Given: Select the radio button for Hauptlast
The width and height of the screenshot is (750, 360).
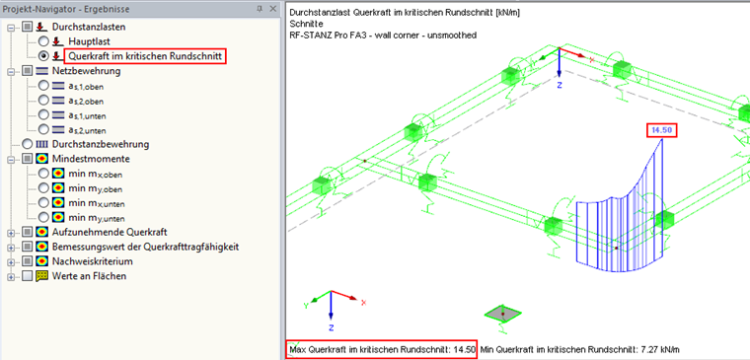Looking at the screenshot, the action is [x=43, y=41].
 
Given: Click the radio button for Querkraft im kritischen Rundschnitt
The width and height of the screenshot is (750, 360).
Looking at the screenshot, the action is [x=43, y=56].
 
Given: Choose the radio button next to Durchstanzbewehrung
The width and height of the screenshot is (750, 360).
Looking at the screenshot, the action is [x=28, y=144].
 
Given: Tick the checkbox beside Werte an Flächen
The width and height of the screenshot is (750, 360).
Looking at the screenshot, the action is [x=28, y=276].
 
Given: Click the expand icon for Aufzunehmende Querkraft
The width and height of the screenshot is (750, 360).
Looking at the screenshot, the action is [x=11, y=233].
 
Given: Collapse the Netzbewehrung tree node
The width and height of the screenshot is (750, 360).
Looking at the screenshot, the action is [x=11, y=71].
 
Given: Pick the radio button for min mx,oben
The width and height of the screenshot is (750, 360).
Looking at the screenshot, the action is [x=43, y=173].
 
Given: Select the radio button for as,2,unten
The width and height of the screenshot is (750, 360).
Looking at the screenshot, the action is [x=43, y=129].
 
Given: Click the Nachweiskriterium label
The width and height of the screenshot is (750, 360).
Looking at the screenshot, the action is [x=93, y=261].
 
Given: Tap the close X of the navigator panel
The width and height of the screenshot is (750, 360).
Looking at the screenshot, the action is [x=272, y=9].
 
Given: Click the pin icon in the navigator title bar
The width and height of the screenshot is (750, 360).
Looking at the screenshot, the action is [x=260, y=9].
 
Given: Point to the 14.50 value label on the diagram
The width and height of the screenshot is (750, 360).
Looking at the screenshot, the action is [x=662, y=130].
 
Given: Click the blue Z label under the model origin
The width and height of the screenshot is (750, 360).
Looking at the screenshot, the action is [x=560, y=85].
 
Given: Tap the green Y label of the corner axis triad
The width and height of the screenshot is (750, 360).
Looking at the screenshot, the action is [x=305, y=306].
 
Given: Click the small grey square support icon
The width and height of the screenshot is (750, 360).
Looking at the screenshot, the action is [x=502, y=314].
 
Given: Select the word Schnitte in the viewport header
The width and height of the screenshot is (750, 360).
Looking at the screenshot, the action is [x=303, y=24].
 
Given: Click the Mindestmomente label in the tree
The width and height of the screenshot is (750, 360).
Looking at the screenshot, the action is [x=91, y=158].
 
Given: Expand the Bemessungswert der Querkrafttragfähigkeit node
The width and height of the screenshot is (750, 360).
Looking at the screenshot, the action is [x=11, y=248].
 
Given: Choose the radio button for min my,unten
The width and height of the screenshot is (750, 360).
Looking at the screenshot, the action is [x=43, y=217].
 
